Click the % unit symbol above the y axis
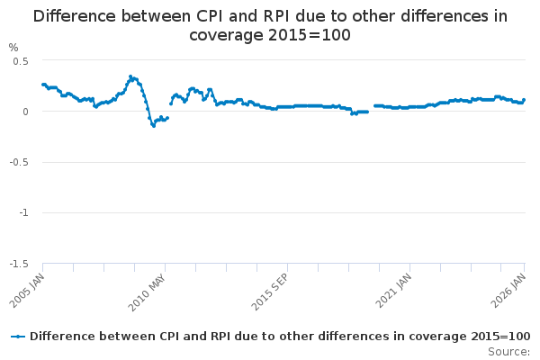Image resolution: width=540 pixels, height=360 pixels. click(13, 47)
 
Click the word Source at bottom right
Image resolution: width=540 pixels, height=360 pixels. click(509, 351)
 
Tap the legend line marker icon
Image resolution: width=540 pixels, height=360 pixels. click(18, 336)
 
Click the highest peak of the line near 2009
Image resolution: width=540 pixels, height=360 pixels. click(130, 76)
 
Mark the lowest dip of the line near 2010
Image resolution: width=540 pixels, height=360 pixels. click(153, 125)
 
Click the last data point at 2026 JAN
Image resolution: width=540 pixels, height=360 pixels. click(524, 100)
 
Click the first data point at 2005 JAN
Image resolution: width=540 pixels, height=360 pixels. click(42, 85)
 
